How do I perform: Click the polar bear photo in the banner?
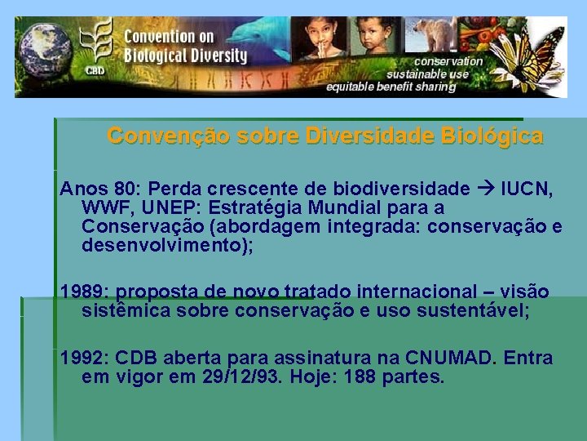pyautogui.click(x=434, y=36)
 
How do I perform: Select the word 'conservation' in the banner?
pyautogui.click(x=448, y=61)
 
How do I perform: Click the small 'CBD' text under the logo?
pyautogui.click(x=94, y=71)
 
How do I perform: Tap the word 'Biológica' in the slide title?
pyautogui.click(x=495, y=136)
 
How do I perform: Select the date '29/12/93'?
pyautogui.click(x=236, y=377)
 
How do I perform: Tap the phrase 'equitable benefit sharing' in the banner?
pyautogui.click(x=391, y=87)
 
